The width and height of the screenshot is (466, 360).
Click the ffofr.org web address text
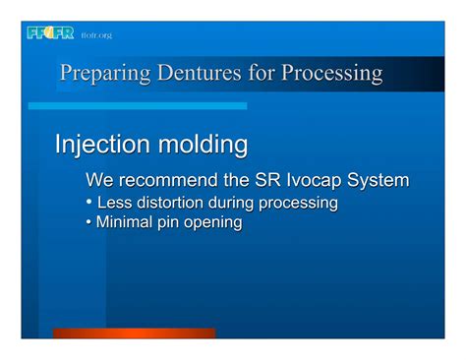pyautogui.click(x=96, y=35)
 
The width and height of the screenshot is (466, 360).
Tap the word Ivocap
pyautogui.click(x=313, y=181)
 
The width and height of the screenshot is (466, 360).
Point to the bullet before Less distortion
pyautogui.click(x=89, y=203)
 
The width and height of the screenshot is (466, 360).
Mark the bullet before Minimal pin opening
pyautogui.click(x=89, y=223)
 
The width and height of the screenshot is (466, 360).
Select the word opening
pyautogui.click(x=215, y=223)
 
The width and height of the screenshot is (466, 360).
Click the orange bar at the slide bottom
pyautogui.click(x=133, y=333)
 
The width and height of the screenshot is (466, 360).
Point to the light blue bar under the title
pyautogui.click(x=138, y=105)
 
